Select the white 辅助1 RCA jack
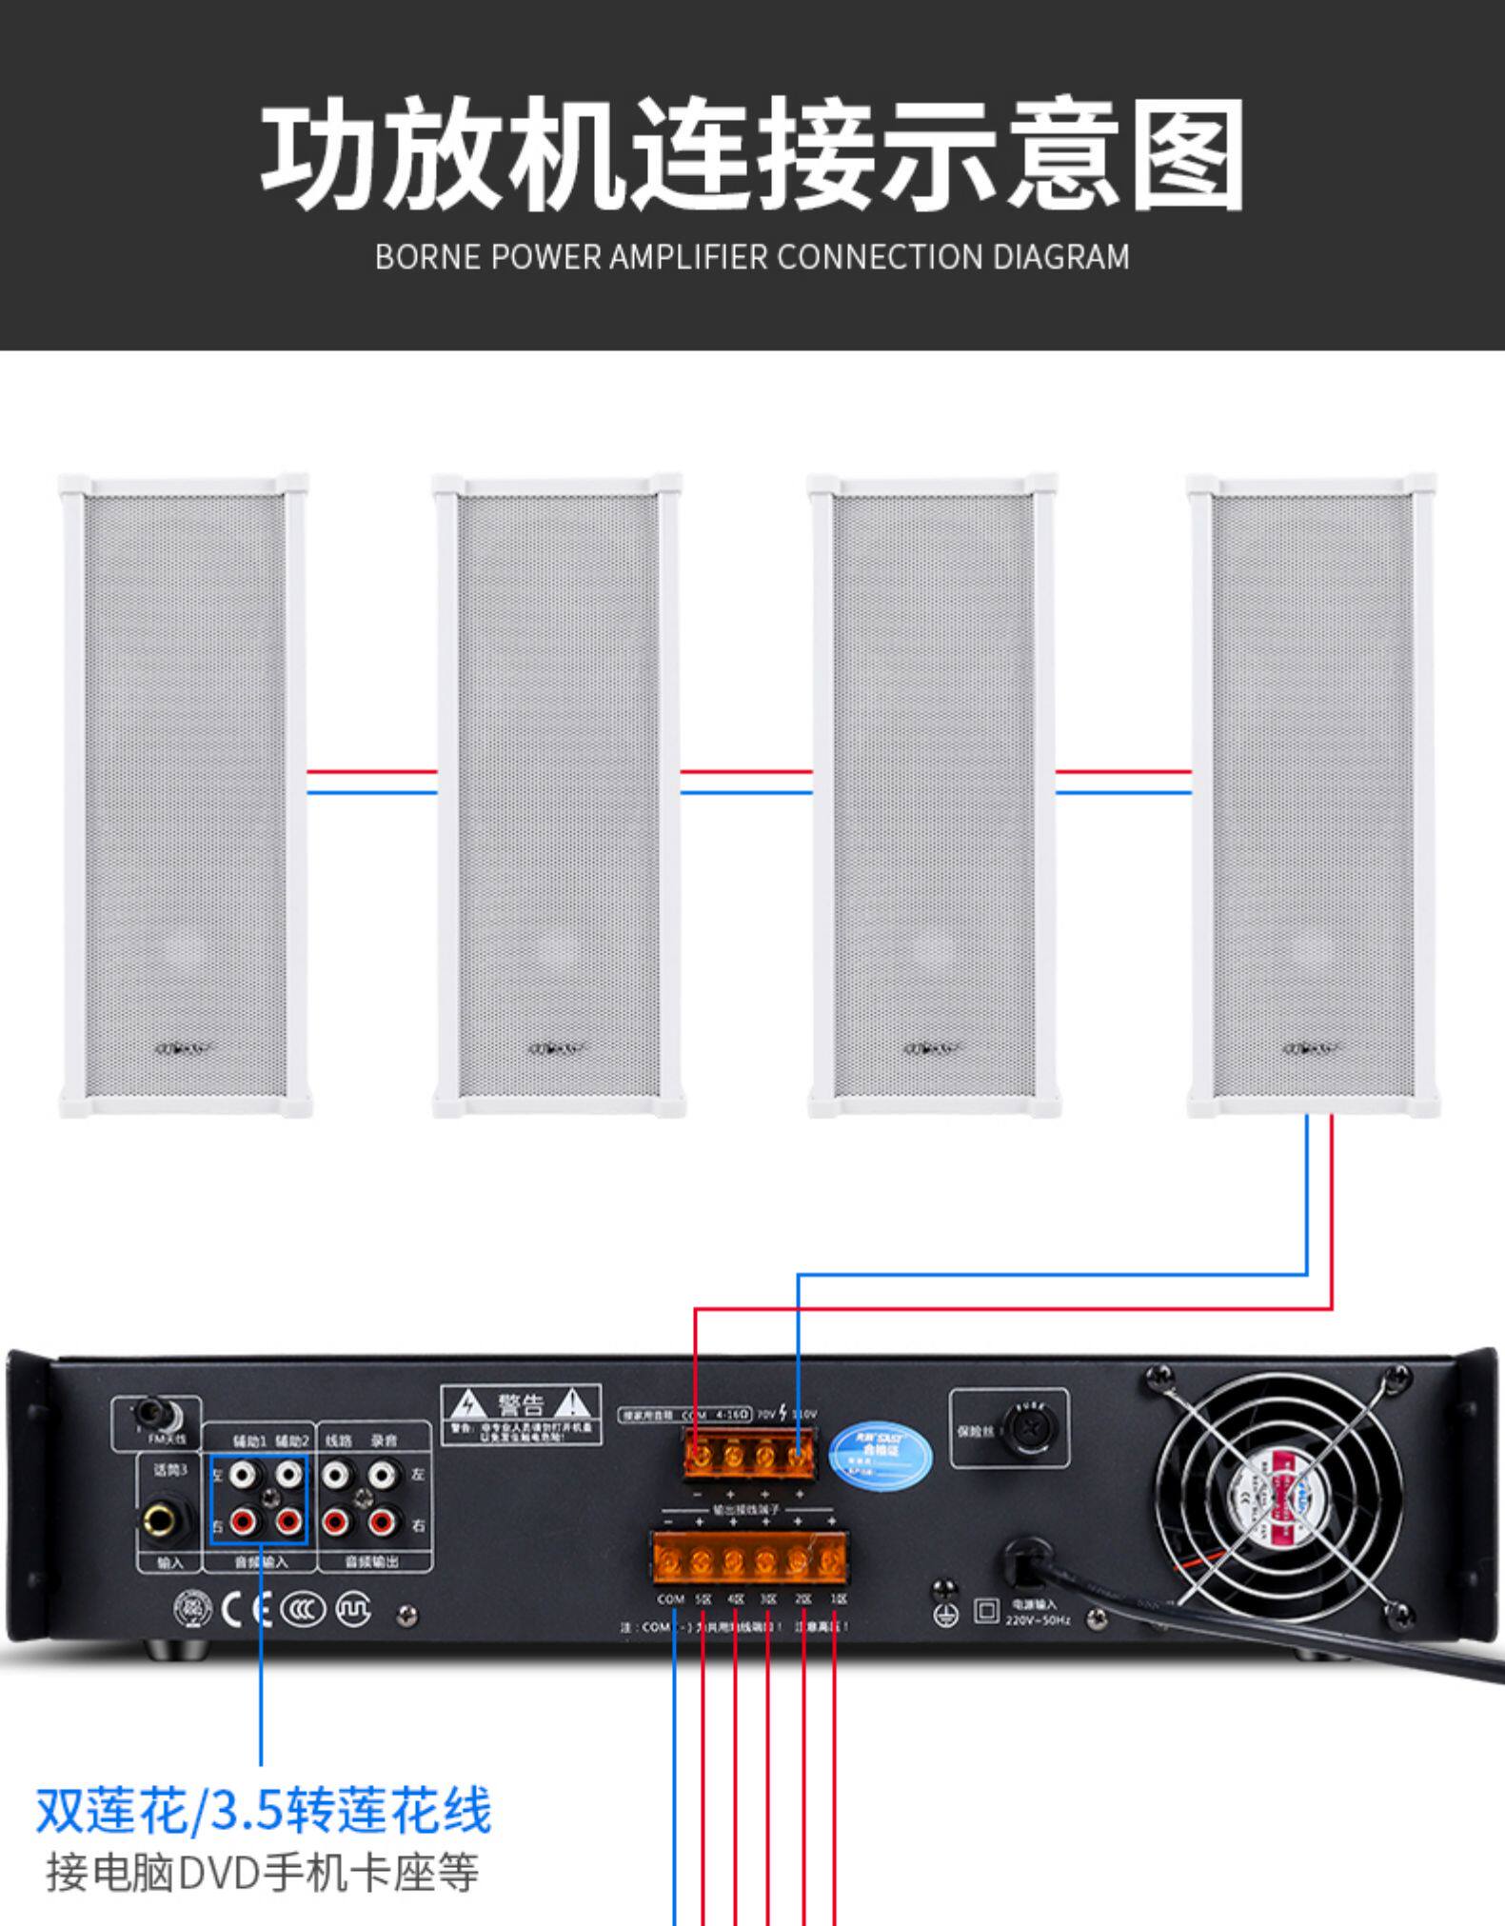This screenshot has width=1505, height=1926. point(245,1476)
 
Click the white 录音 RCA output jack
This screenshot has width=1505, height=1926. point(382,1476)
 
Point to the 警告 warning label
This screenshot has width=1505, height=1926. point(521,1413)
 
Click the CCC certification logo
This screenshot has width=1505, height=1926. point(303,1609)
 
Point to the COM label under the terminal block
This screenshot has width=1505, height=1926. point(671,1599)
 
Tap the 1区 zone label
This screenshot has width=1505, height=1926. point(838,1599)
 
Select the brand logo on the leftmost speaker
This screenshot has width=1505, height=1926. point(181,1049)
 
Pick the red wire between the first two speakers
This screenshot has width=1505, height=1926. point(371,772)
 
